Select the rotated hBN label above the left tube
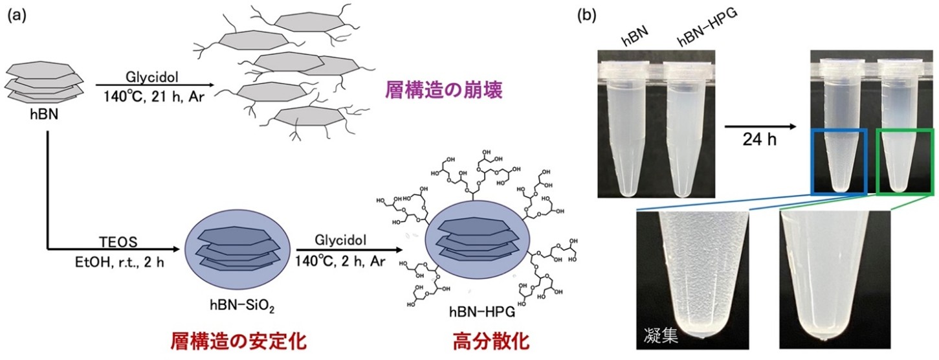pos(628,39)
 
